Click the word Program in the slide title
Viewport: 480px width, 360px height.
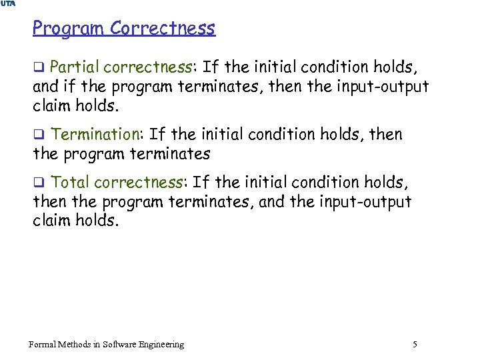coord(69,29)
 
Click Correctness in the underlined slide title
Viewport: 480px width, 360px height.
coord(163,28)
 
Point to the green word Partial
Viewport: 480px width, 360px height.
coord(75,67)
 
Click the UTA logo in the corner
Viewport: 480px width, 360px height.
coord(7,4)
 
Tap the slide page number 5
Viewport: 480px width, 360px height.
coord(415,344)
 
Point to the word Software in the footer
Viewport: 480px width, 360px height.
coord(121,344)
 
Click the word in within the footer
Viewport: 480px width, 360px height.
coord(97,344)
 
